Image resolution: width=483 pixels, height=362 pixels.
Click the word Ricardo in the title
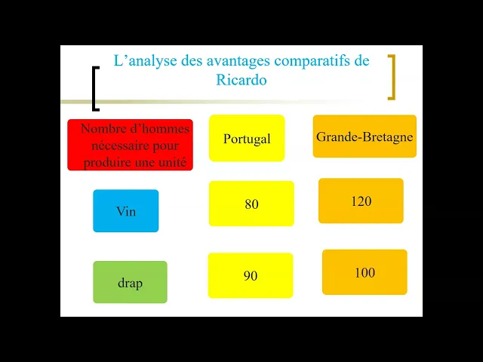pyautogui.click(x=241, y=79)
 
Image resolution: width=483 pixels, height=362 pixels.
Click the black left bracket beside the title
pyautogui.click(x=94, y=89)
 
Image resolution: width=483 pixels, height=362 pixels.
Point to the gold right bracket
pyautogui.click(x=391, y=77)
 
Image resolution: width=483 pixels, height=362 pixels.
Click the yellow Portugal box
pyautogui.click(x=247, y=139)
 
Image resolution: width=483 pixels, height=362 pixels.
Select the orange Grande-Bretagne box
pyautogui.click(x=365, y=137)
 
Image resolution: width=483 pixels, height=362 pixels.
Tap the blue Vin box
pyautogui.click(x=126, y=211)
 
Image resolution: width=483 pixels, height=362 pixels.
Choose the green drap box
pyautogui.click(x=130, y=283)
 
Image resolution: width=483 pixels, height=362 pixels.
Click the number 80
pyautogui.click(x=251, y=204)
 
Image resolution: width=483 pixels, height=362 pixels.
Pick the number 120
pyautogui.click(x=361, y=201)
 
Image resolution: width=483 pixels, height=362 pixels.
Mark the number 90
pyautogui.click(x=251, y=276)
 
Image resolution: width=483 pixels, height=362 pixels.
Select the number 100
pyautogui.click(x=365, y=273)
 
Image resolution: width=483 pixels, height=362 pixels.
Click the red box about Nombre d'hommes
pyautogui.click(x=130, y=145)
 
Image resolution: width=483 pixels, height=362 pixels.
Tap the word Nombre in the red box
pyautogui.click(x=103, y=129)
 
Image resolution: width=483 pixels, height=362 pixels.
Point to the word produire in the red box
pyautogui.click(x=110, y=161)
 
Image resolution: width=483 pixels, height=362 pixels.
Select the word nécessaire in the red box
pyautogui.click(x=115, y=145)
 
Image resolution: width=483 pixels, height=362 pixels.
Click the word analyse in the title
pyautogui.click(x=152, y=61)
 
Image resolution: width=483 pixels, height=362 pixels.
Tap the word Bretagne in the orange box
pyautogui.click(x=389, y=137)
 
